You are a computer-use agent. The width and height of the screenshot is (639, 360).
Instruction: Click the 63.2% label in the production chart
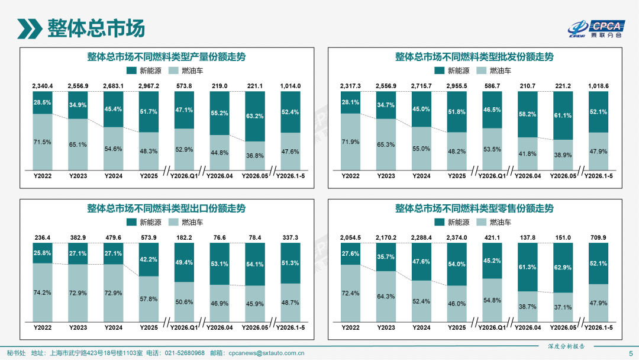point(254,116)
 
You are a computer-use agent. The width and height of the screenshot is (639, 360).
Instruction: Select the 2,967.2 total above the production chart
point(149,86)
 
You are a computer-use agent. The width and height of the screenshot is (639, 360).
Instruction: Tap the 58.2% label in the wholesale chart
point(527,114)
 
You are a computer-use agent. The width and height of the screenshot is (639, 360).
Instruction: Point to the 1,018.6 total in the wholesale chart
point(598,86)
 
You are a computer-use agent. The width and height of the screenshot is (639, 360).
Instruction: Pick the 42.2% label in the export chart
point(149,259)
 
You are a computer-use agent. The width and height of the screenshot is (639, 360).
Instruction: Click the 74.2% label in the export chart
point(43,292)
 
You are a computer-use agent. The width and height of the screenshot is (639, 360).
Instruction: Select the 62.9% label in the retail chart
point(563,268)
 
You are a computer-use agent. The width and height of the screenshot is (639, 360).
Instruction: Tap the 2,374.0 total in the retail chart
point(457,237)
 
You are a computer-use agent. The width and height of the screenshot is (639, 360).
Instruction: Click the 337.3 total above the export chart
point(290,237)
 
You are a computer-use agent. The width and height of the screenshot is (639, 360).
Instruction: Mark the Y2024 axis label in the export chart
point(113,327)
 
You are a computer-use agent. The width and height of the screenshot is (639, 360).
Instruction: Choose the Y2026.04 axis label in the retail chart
point(528,327)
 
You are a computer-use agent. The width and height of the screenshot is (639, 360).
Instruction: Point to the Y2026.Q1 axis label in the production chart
point(184,176)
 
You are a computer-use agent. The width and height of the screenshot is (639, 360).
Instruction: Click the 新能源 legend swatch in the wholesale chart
point(439,70)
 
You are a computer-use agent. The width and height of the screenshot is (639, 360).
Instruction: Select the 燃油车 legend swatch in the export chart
point(173,222)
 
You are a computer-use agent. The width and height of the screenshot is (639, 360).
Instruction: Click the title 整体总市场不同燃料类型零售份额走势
point(475,208)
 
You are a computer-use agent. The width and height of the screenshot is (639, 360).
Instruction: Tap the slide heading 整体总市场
point(96,28)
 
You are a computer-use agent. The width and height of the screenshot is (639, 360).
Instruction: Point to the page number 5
point(631,353)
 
